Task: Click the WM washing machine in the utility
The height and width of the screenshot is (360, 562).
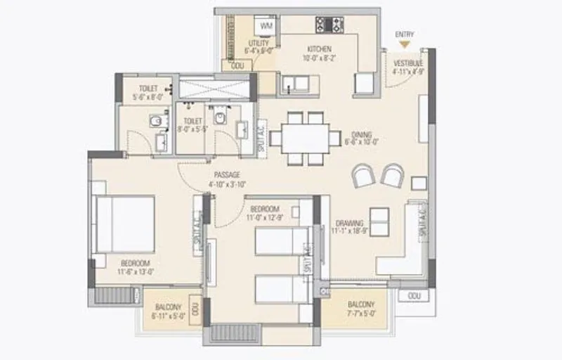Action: point(266,26)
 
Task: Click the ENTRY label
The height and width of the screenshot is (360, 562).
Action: point(404,34)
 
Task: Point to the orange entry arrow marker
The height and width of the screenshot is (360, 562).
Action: point(404,44)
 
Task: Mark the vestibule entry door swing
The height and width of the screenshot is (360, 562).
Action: point(399,76)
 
